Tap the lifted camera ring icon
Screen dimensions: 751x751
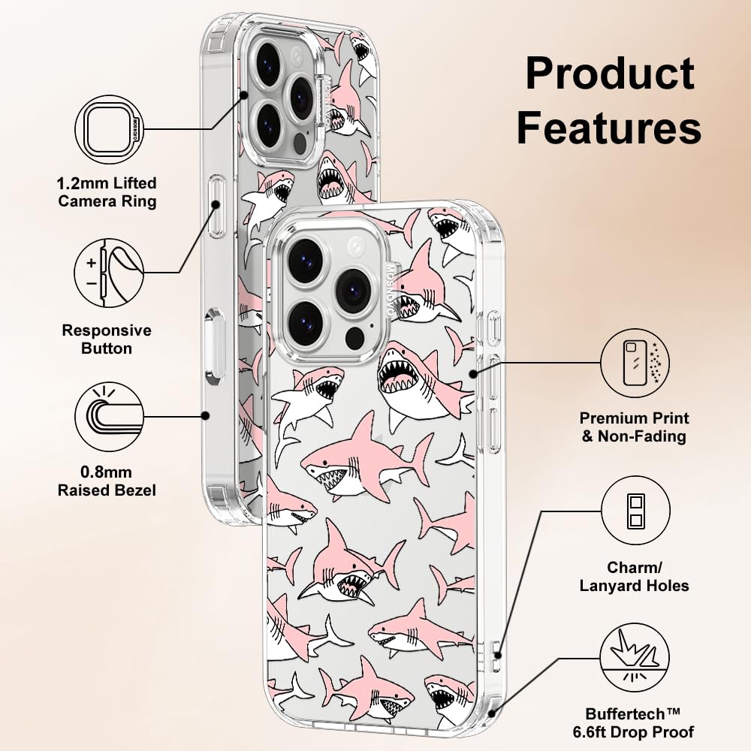pyautogui.click(x=110, y=129)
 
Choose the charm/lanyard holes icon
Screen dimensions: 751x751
pyautogui.click(x=635, y=514)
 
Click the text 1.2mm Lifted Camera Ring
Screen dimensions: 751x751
pyautogui.click(x=107, y=192)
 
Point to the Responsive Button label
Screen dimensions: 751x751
pyautogui.click(x=107, y=339)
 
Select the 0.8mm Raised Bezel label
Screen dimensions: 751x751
pyautogui.click(x=107, y=481)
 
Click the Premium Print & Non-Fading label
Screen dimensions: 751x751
pyautogui.click(x=635, y=427)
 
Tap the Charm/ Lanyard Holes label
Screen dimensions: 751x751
pyautogui.click(x=635, y=577)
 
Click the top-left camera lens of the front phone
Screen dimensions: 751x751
pyautogui.click(x=305, y=261)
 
